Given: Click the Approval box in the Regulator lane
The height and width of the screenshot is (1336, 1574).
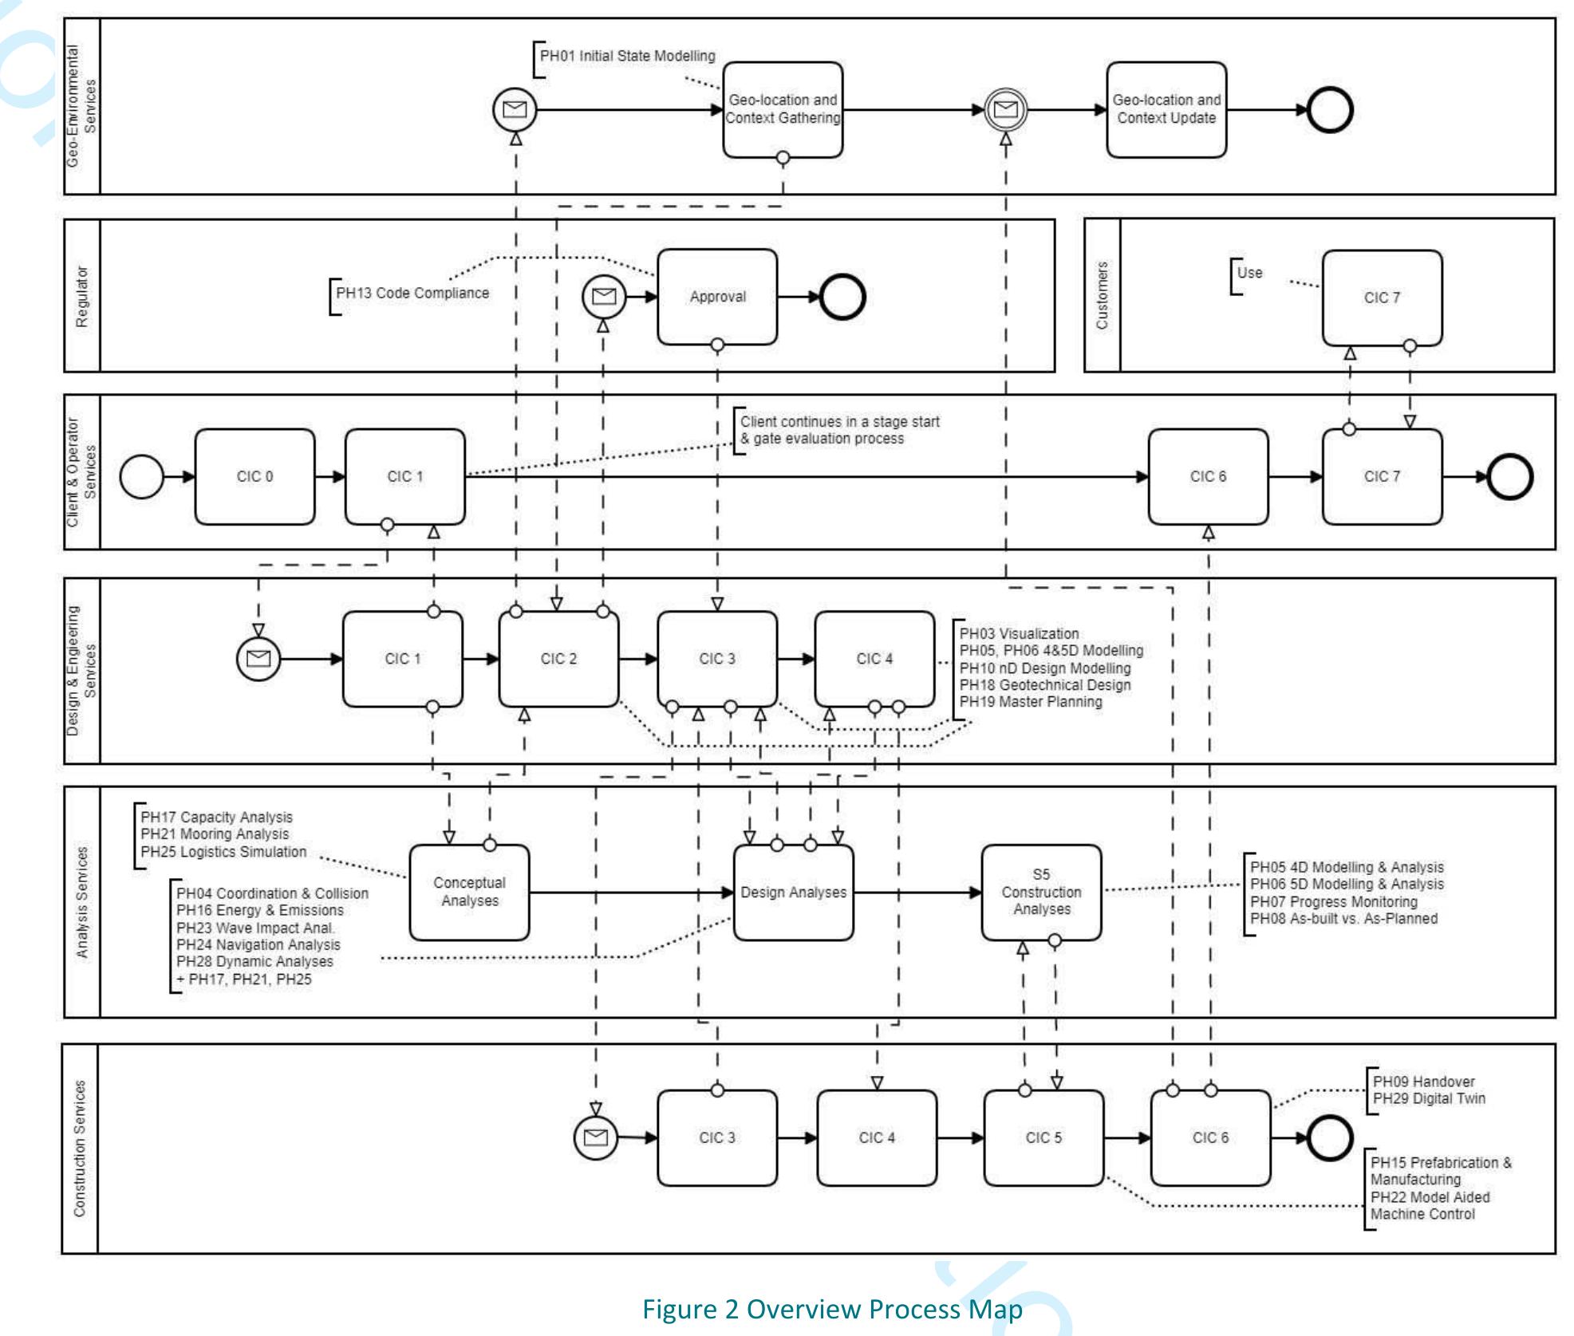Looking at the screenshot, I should click(x=716, y=297).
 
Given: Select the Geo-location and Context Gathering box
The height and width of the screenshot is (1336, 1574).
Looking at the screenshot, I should click(x=782, y=109).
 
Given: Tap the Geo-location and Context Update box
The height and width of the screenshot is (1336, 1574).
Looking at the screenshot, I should click(x=1166, y=109).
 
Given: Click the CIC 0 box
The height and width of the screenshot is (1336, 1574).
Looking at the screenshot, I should click(x=254, y=476).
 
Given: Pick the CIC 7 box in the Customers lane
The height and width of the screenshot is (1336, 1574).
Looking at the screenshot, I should click(x=1381, y=298).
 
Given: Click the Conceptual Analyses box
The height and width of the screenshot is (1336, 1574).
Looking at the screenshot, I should click(x=469, y=892).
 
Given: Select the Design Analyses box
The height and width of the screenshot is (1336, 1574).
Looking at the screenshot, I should click(x=793, y=892).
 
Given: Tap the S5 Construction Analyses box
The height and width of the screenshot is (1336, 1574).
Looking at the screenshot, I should click(x=1041, y=892).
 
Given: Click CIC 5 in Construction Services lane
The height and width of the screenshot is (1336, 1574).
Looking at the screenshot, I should click(x=1043, y=1137).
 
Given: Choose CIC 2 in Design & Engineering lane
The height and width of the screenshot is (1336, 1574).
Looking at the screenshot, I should click(x=558, y=659).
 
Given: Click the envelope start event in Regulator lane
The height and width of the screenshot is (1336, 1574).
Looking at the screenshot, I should click(x=604, y=297).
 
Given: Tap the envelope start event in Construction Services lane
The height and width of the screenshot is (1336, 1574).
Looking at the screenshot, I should click(x=596, y=1137).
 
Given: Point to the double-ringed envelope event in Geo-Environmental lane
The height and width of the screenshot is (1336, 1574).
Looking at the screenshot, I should click(x=1005, y=109).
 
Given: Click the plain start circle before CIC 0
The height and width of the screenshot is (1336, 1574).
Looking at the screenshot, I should click(x=141, y=477).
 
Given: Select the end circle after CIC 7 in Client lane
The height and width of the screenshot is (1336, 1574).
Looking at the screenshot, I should click(x=1510, y=477).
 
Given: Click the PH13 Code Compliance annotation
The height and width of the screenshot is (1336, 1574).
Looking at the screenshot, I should click(x=412, y=294).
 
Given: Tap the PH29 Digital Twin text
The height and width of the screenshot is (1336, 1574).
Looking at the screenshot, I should click(x=1429, y=1098).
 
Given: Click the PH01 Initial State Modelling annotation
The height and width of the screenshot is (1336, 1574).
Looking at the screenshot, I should click(x=627, y=56).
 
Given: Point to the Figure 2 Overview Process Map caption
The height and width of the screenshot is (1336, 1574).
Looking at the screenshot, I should click(x=831, y=1309).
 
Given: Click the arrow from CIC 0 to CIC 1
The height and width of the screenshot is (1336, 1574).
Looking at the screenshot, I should click(x=329, y=477).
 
